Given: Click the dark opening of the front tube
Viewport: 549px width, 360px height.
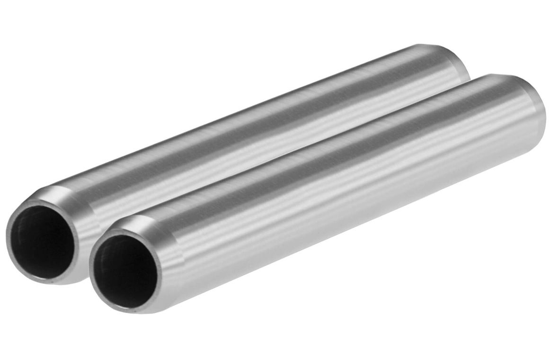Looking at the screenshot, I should [x=124, y=270].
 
